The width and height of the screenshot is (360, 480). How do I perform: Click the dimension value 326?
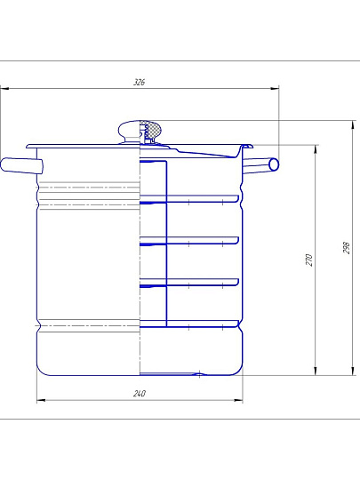[139, 82]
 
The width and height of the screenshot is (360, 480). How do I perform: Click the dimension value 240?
[140, 394]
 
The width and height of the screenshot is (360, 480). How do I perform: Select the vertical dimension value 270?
[309, 260]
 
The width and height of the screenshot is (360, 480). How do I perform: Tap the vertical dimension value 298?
[346, 248]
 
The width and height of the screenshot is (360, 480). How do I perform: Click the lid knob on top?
[140, 132]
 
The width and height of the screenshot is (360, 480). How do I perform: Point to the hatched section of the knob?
[151, 129]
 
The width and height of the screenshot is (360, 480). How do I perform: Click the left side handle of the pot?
[21, 165]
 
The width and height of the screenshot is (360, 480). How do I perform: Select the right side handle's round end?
[274, 164]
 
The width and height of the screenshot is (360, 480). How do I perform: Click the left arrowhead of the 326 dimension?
[4, 89]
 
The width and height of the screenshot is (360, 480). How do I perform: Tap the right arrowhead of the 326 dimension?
[275, 89]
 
